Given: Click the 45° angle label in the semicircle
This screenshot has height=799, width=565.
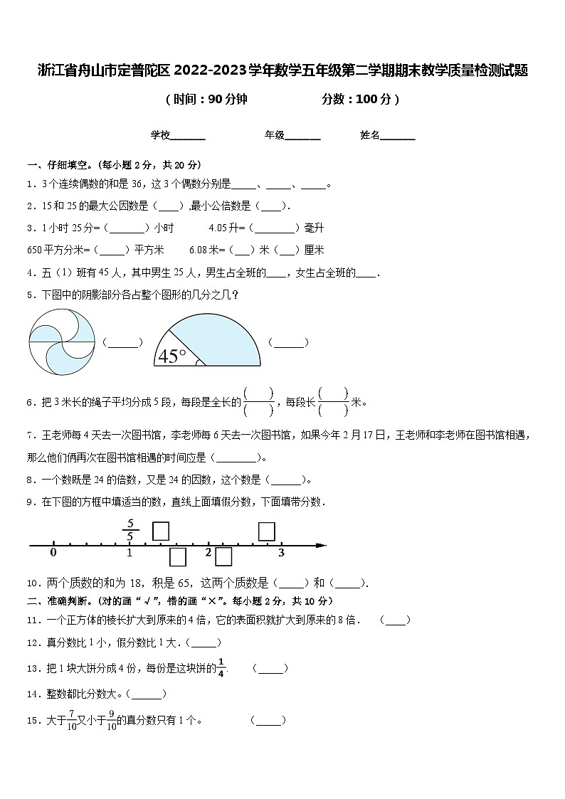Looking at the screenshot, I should [x=171, y=356].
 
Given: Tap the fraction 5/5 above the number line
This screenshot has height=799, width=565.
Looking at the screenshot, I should [x=130, y=530].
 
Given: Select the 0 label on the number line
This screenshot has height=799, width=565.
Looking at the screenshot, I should [x=53, y=553].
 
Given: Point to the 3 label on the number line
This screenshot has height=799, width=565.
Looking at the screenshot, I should [x=281, y=553].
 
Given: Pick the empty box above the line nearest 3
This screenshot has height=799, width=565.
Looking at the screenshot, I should [x=267, y=531].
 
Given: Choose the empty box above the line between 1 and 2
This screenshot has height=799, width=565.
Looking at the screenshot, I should [x=161, y=531].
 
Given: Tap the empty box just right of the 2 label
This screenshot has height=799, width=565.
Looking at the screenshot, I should [x=224, y=556].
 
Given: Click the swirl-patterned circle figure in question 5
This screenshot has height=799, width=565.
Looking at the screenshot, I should [x=62, y=342].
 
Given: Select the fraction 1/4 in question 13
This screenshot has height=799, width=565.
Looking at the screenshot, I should [x=221, y=669].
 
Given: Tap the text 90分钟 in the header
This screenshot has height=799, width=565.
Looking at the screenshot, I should [x=227, y=100].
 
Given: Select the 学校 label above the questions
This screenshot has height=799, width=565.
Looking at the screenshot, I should [x=160, y=135].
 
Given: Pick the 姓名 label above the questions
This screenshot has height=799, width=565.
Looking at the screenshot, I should [x=370, y=135].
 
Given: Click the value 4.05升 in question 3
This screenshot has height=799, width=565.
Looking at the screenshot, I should [x=226, y=228].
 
